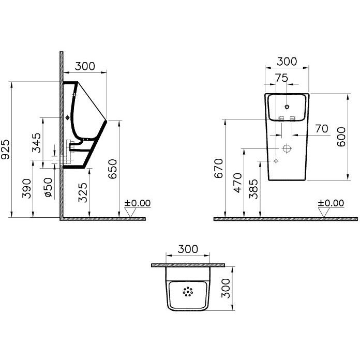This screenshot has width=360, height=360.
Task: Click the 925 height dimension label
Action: click(x=5, y=149)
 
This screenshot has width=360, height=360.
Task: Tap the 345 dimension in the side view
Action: click(x=36, y=143)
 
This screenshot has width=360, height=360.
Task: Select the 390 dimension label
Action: click(x=26, y=188)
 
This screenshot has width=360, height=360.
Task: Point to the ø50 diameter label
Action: click(x=49, y=188)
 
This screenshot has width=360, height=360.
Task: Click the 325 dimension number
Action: click(x=83, y=192)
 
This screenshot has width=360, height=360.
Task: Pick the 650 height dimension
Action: click(x=113, y=169)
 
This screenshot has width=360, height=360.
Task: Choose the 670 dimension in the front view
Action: click(x=218, y=168)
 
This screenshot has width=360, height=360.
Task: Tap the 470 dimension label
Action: click(x=237, y=183)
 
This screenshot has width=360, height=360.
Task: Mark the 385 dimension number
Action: click(x=253, y=189)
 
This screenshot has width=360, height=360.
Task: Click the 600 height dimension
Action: click(x=341, y=137)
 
